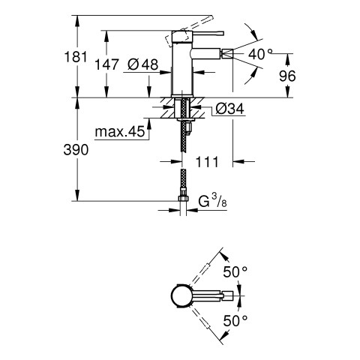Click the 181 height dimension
click(x=76, y=56)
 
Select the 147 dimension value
click(x=106, y=64)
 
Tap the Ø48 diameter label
click(x=142, y=64)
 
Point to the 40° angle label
click(x=260, y=54)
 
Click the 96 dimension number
click(x=287, y=76)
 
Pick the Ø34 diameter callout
click(x=229, y=109)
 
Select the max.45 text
click(x=120, y=131)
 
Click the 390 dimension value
click(x=76, y=150)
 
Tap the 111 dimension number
click(x=207, y=162)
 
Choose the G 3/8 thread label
click(x=212, y=201)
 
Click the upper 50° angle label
click(x=235, y=271)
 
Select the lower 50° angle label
click(x=235, y=321)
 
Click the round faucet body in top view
click(x=182, y=296)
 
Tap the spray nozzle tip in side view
click(x=226, y=54)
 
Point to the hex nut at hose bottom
click(x=183, y=199)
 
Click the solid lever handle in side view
click(x=197, y=34)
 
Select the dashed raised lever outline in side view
click(x=189, y=31)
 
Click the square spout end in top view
click(x=228, y=296)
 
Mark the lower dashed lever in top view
click(x=200, y=319)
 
